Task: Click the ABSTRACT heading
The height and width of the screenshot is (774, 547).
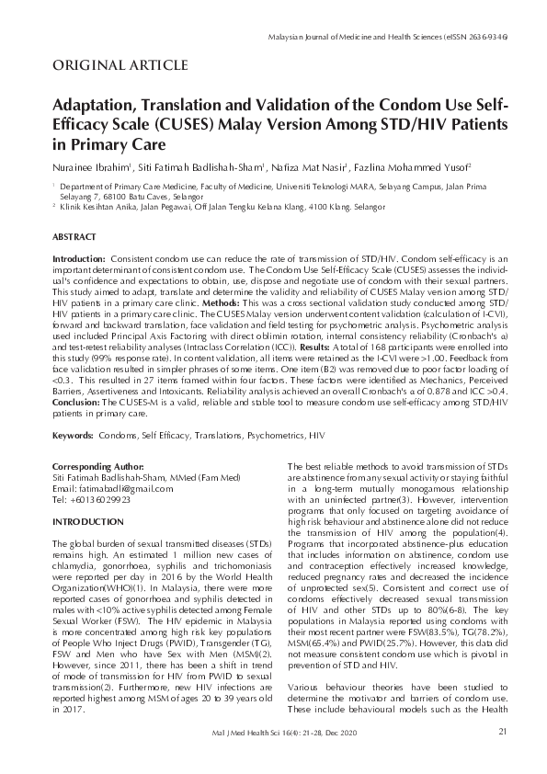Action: (74, 236)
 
